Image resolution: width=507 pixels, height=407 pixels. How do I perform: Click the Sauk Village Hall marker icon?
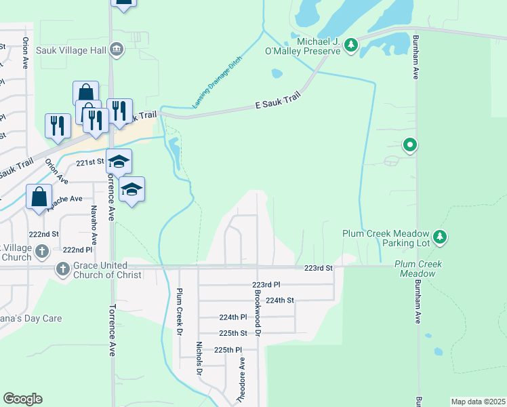117,49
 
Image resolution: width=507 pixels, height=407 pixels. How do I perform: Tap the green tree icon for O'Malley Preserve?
350,45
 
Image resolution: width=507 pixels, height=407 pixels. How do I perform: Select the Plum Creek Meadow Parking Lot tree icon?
441,237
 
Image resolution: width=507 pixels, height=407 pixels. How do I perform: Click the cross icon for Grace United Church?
62,269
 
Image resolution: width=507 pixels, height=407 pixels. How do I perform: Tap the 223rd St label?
319,269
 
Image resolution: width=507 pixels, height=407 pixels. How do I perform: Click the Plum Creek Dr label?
179,312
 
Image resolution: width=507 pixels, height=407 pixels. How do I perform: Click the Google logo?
22,399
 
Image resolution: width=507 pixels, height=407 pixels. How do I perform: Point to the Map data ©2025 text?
477,402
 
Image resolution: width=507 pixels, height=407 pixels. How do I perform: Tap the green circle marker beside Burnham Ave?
409,144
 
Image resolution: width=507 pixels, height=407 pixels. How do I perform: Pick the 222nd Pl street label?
78,250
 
